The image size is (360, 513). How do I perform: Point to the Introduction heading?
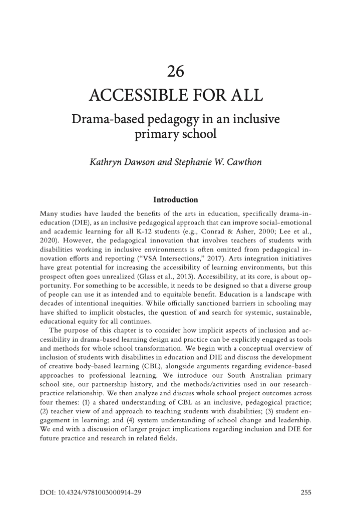pos(176,199)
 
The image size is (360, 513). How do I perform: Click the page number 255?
pos(306,492)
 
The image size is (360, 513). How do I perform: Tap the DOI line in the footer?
pos(90,492)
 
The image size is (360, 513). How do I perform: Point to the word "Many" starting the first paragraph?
pos(49,212)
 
